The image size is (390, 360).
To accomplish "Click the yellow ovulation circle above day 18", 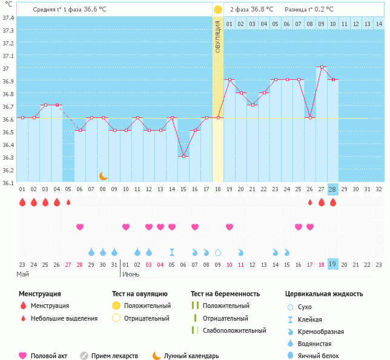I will point(218,10).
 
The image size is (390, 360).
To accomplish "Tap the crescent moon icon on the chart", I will point(104,176).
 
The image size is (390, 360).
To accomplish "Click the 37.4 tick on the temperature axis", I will point(8,18).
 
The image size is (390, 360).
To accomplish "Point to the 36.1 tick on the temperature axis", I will point(8,183).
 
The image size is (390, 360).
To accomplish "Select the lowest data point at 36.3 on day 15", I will point(183,156).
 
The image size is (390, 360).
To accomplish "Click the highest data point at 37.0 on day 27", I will point(321,67).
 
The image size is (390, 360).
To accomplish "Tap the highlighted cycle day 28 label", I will point(332,189).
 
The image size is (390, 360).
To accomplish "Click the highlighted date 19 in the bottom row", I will point(332,264).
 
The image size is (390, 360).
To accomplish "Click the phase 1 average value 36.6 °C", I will point(101,10).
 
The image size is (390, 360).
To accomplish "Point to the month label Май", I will point(22,274).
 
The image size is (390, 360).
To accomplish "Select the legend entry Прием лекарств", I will point(114,356).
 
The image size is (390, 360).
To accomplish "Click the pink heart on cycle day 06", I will point(80,227).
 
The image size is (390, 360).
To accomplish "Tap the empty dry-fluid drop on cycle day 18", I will point(218,252).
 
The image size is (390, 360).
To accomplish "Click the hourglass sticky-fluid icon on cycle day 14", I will point(172,252).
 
